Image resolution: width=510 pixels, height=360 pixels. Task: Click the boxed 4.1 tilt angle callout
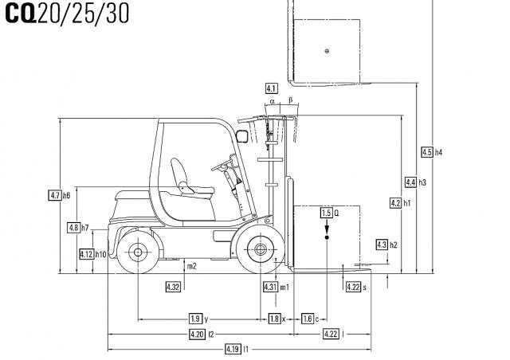click(271, 88)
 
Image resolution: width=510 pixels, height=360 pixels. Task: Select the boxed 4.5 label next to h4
click(426, 152)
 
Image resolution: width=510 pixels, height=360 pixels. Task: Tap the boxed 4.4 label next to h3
click(410, 182)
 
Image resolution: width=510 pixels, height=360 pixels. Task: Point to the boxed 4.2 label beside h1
click(394, 203)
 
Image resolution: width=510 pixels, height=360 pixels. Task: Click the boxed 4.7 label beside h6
click(55, 195)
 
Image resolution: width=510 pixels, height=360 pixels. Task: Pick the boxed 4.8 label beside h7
click(74, 228)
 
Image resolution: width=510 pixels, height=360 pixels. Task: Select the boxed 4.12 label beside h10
click(87, 254)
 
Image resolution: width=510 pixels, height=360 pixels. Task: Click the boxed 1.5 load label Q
click(326, 213)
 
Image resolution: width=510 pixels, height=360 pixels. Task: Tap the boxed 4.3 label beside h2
click(381, 245)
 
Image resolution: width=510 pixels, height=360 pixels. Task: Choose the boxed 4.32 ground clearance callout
click(173, 286)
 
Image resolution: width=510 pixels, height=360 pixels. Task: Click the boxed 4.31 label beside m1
click(270, 286)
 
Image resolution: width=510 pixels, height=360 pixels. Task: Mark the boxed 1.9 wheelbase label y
click(195, 319)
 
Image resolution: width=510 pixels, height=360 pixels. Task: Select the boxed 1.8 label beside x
click(274, 319)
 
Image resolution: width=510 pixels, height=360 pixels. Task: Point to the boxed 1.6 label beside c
click(308, 319)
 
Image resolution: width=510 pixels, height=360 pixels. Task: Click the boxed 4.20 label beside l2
click(197, 333)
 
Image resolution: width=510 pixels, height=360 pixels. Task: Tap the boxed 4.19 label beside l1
click(233, 349)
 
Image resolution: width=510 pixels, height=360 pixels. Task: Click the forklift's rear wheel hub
click(137, 252)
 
